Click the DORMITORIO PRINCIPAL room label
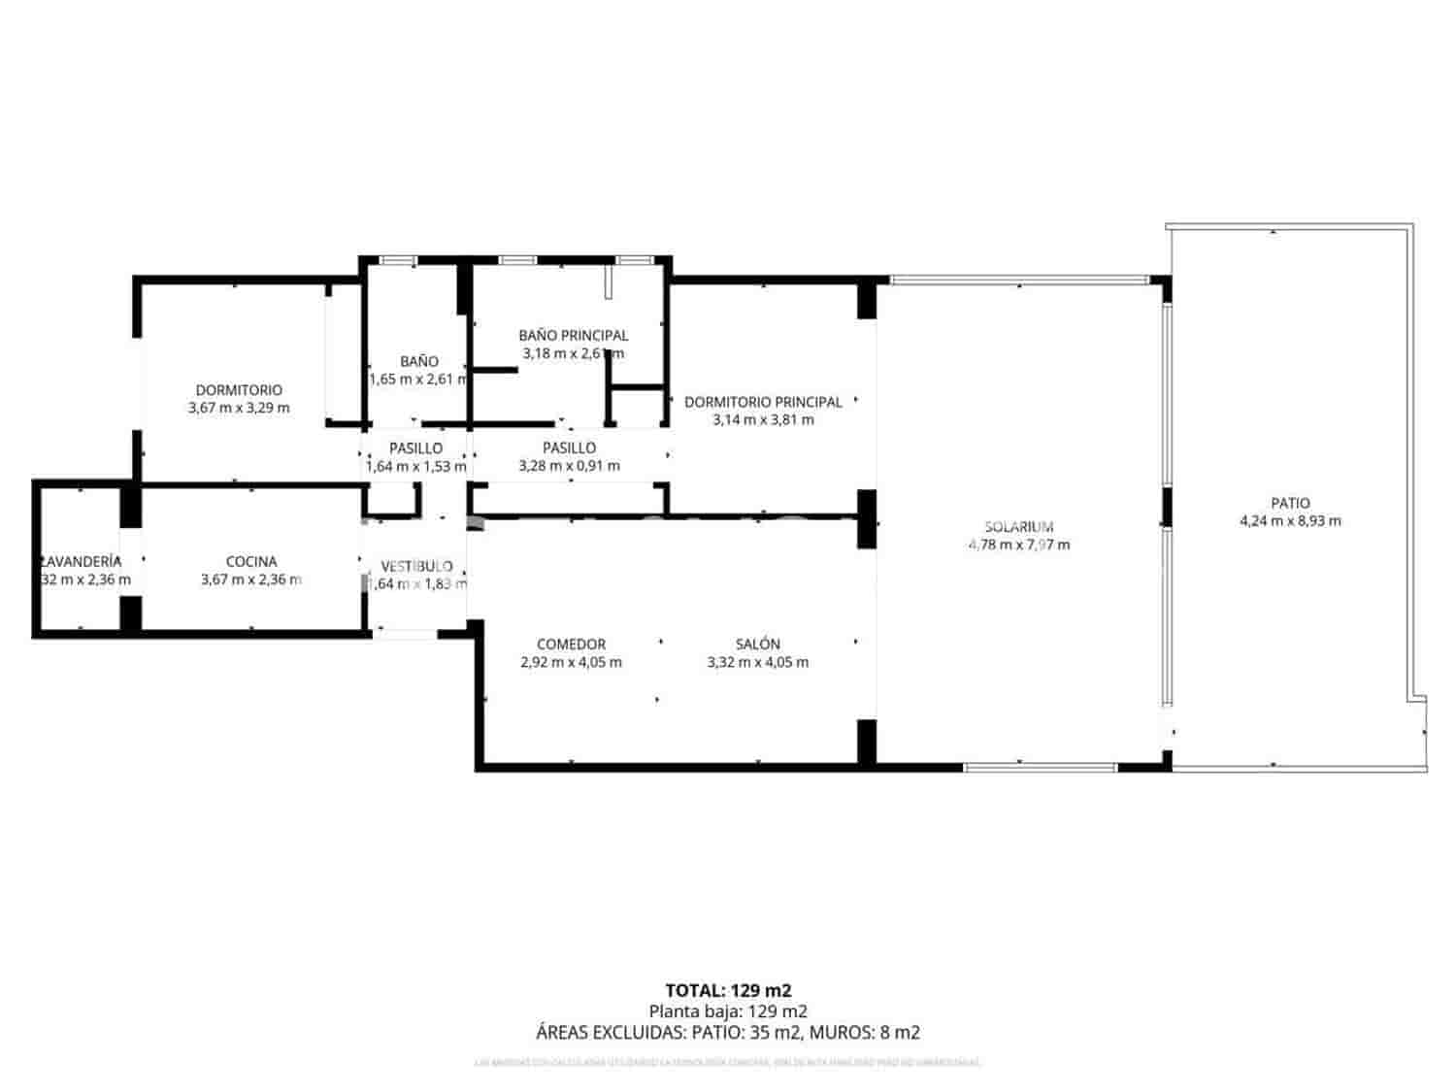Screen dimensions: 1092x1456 click(763, 402)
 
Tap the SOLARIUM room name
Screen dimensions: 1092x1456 click(1018, 527)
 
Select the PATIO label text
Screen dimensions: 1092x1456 click(1290, 503)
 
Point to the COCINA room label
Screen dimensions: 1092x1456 click(251, 561)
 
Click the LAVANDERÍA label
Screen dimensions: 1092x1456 click(82, 561)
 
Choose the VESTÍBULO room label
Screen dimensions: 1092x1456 click(416, 566)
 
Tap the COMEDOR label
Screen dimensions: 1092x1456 click(571, 644)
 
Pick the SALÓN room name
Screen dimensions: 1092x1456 click(757, 644)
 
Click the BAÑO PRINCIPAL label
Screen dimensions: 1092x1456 click(573, 335)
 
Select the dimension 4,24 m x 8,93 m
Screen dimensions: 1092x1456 click(1290, 520)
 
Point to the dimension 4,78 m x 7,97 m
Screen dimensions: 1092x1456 click(1018, 545)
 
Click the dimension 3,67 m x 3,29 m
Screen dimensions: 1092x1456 click(239, 408)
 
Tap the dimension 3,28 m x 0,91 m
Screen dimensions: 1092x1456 click(569, 465)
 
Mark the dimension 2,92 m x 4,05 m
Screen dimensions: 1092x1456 click(571, 662)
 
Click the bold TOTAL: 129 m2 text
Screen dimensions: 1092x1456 click(727, 990)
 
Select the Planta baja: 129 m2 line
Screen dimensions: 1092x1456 click(727, 1011)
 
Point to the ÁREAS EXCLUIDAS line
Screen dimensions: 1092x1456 click(727, 1033)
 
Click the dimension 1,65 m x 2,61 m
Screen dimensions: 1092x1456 click(418, 379)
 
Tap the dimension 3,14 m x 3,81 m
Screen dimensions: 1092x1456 click(763, 419)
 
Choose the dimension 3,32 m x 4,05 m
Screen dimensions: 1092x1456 click(757, 662)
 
